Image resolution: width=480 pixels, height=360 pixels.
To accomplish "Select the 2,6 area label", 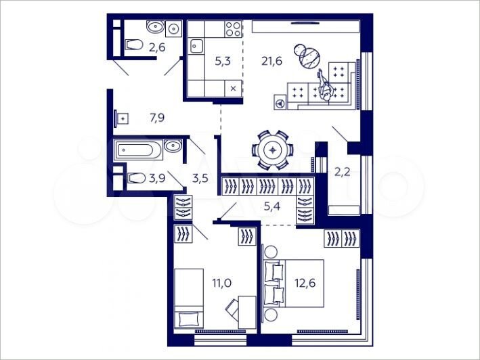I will pyautogui.click(x=157, y=47).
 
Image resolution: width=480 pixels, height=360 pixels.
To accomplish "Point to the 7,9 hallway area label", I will pyautogui.click(x=157, y=118).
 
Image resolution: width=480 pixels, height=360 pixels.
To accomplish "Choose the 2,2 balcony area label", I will pyautogui.click(x=343, y=172).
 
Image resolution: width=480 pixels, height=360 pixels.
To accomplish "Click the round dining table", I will pyautogui.click(x=272, y=150).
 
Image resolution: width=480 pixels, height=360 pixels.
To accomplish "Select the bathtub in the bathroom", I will pyautogui.click(x=138, y=149).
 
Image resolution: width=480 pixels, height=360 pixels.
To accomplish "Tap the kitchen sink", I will pyautogui.click(x=198, y=46).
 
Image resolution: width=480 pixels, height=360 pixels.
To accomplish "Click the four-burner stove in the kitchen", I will pyautogui.click(x=233, y=29).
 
